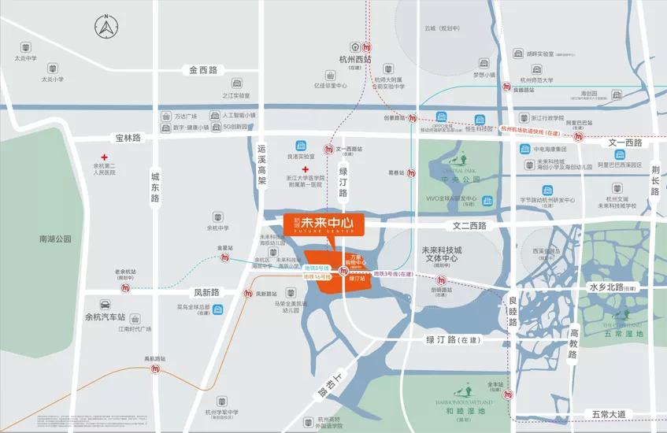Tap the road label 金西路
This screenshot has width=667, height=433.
pos(202,70)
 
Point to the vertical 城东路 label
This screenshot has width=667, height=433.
pos(155,188)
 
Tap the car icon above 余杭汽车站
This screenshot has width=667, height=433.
pos(105,305)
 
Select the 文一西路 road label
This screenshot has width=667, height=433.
pos(625,142)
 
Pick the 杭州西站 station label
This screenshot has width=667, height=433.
pos(355,60)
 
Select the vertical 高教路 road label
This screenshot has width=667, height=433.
pos(573,344)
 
